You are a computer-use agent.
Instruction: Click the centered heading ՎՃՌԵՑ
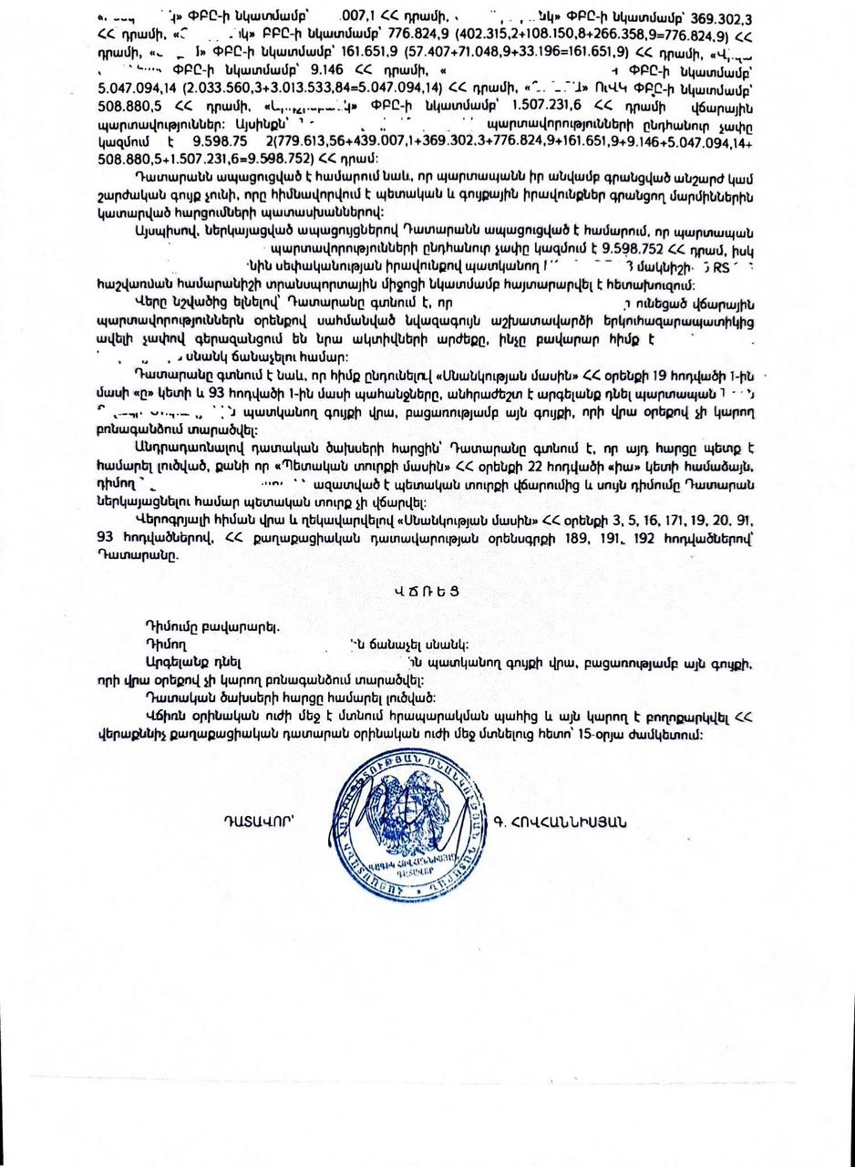click(427, 591)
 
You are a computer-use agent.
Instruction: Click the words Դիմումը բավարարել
click(211, 626)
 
